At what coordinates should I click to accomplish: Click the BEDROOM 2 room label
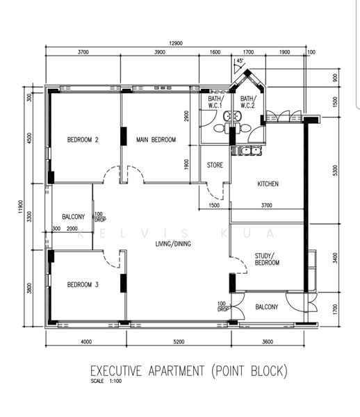[83, 140]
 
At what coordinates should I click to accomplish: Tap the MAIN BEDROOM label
[156, 140]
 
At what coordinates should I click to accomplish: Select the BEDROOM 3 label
[83, 285]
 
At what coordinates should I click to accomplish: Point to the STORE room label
[215, 165]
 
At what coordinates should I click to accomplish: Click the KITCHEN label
[268, 183]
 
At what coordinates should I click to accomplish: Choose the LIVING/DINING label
[173, 244]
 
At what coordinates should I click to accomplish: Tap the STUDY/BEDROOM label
[267, 259]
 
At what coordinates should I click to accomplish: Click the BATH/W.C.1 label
[215, 102]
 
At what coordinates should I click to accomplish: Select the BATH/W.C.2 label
[248, 102]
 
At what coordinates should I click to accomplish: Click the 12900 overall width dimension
[176, 43]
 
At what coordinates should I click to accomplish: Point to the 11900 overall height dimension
[21, 206]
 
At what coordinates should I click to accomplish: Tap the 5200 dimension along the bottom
[179, 342]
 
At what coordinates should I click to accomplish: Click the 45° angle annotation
[240, 60]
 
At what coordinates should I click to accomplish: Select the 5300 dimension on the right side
[335, 170]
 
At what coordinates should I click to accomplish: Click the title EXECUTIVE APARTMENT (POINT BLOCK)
[189, 371]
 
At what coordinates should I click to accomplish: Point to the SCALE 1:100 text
[106, 381]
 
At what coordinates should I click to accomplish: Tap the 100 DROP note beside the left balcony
[100, 217]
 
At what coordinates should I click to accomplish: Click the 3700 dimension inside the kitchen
[267, 205]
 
